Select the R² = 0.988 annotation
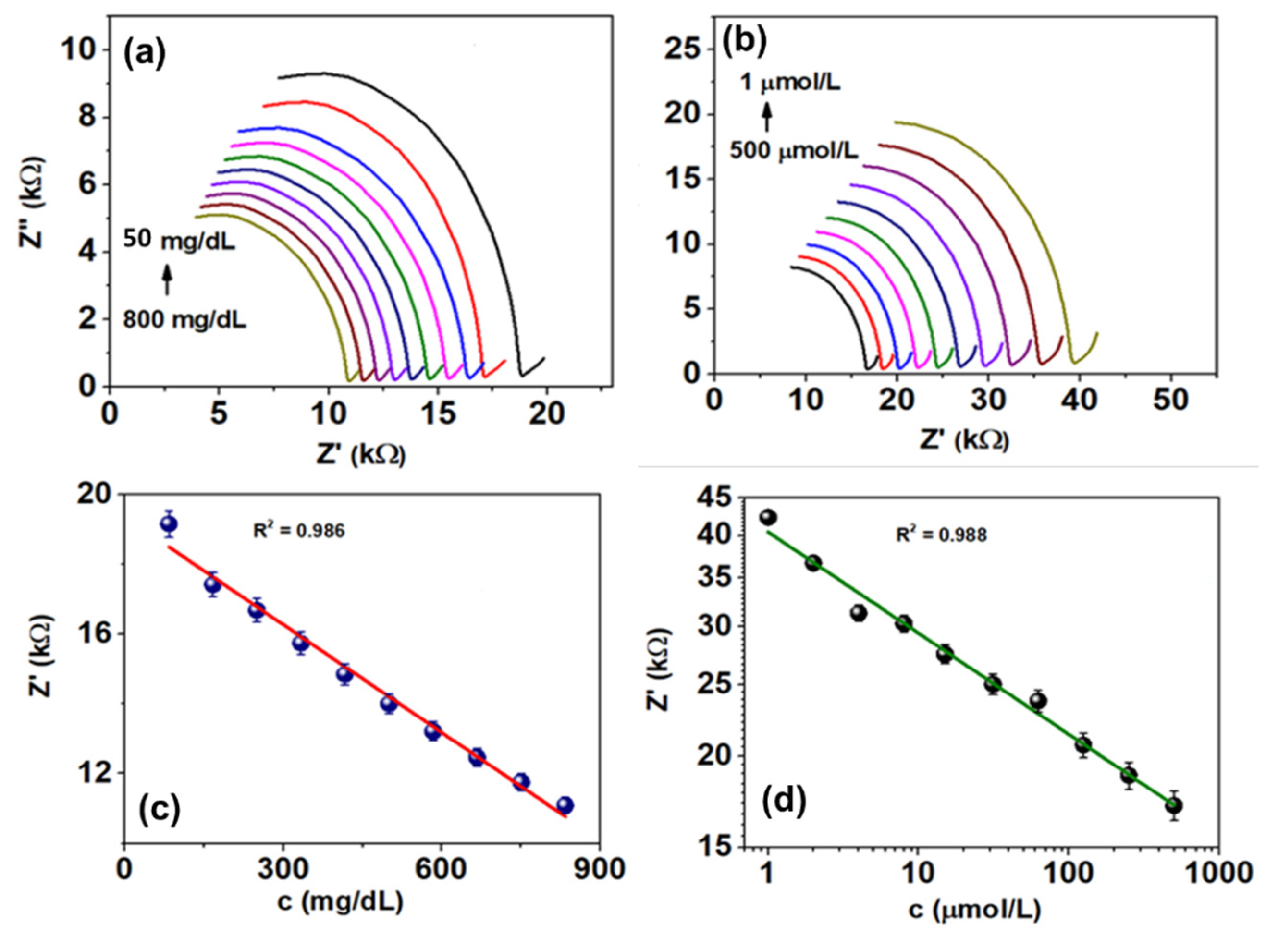tap(941, 535)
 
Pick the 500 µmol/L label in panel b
tap(793, 151)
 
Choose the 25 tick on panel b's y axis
tap(688, 50)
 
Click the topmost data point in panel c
tap(168, 524)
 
